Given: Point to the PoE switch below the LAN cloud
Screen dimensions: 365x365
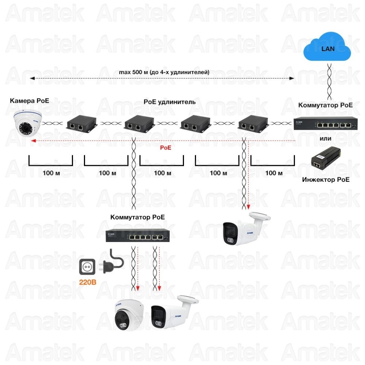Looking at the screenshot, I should [325, 123].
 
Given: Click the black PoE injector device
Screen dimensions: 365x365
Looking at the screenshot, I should [325, 158].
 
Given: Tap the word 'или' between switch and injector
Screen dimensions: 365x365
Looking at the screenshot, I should [325, 138].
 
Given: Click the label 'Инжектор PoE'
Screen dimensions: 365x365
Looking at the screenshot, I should [325, 179].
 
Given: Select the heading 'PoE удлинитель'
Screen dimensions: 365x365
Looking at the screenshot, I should [170, 102].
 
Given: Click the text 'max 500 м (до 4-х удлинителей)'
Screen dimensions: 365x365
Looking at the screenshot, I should [164, 72].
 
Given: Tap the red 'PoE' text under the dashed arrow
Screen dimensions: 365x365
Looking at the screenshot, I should [166, 148].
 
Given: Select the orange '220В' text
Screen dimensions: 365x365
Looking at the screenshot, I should [87, 282].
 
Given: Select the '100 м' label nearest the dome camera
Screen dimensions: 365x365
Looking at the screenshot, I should [51, 173].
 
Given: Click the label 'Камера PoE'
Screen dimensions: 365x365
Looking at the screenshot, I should [29, 100].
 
